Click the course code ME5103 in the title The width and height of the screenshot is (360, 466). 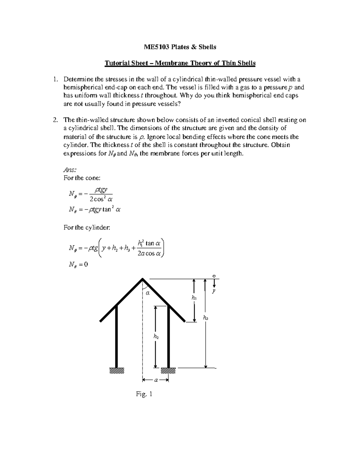click(x=155, y=47)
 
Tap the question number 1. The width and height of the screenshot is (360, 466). click(x=55, y=80)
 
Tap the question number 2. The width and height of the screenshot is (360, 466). click(x=55, y=120)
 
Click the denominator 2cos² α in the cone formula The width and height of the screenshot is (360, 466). click(x=101, y=199)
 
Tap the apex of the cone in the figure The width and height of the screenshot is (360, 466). click(x=142, y=279)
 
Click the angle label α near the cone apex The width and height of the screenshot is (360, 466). click(x=147, y=293)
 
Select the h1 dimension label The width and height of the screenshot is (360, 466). click(x=194, y=298)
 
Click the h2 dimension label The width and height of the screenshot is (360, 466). click(x=156, y=337)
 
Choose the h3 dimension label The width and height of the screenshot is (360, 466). click(x=205, y=318)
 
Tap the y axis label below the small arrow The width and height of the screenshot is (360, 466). click(x=214, y=291)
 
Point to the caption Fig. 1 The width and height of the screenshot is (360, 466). click(x=144, y=394)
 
